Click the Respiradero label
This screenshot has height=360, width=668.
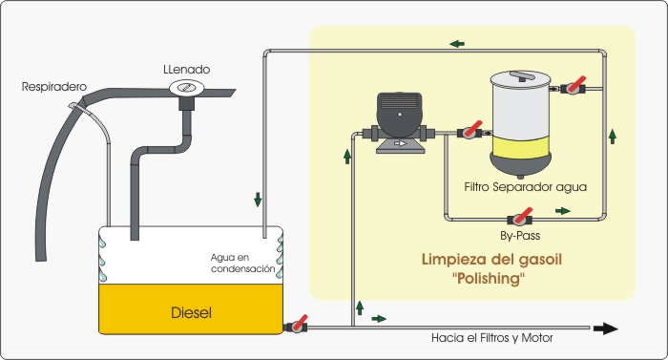pyautogui.click(x=54, y=87)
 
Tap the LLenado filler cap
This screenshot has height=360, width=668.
pyautogui.click(x=187, y=88)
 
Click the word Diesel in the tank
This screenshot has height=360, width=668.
pyautogui.click(x=191, y=312)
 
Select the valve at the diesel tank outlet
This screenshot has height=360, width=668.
pyautogui.click(x=297, y=325)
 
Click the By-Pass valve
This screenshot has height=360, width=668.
pyautogui.click(x=520, y=218)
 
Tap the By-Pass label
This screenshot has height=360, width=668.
pyautogui.click(x=520, y=236)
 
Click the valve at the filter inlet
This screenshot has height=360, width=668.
pyautogui.click(x=470, y=131)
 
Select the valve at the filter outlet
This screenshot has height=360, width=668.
pyautogui.click(x=573, y=87)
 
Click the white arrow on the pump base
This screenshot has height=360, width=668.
pyautogui.click(x=400, y=144)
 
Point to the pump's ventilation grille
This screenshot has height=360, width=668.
pyautogui.click(x=399, y=101)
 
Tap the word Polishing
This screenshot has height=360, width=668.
pyautogui.click(x=489, y=279)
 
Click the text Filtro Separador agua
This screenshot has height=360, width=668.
pyautogui.click(x=525, y=187)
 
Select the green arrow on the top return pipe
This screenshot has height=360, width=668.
pyautogui.click(x=457, y=44)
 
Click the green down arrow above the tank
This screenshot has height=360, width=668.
pyautogui.click(x=258, y=200)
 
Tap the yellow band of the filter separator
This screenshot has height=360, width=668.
pyautogui.click(x=521, y=147)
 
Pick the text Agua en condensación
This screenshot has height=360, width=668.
pyautogui.click(x=242, y=264)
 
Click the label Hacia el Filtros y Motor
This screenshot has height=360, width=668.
pyautogui.click(x=492, y=338)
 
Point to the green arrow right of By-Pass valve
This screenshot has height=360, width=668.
pyautogui.click(x=563, y=211)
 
